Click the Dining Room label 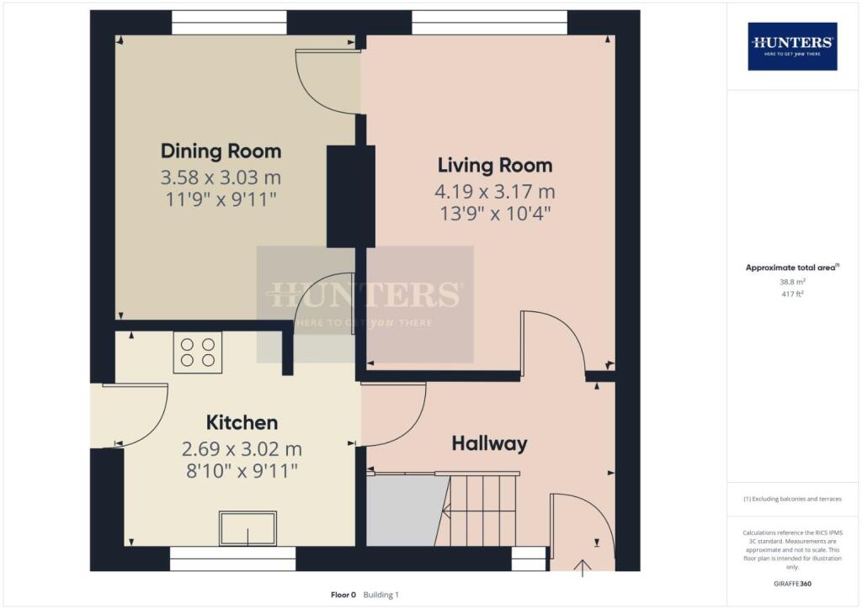click(x=221, y=151)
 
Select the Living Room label click(x=494, y=165)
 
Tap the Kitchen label click(x=242, y=422)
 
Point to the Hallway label click(x=489, y=443)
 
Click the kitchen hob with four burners click(x=198, y=352)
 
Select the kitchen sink click(x=247, y=528)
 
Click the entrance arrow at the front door click(x=583, y=569)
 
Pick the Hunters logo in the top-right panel click(x=792, y=45)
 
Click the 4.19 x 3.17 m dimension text click(x=494, y=192)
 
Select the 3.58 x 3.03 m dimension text click(x=221, y=178)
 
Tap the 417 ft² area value click(x=792, y=294)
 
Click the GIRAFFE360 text click(x=792, y=583)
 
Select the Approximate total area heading click(x=792, y=268)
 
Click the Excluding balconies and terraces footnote click(x=792, y=499)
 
